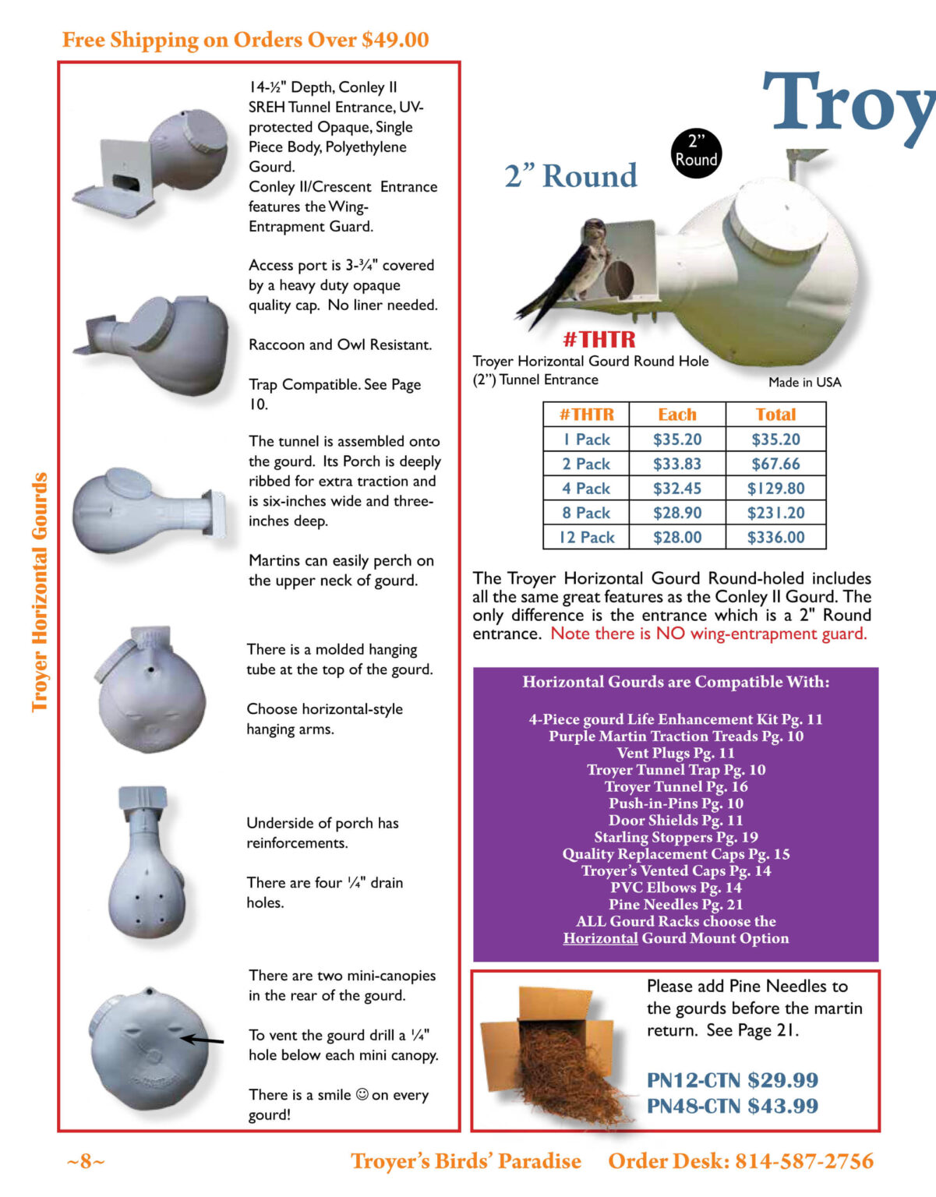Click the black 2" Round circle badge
[696, 152]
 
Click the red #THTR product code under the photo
[599, 339]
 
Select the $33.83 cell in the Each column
[676, 464]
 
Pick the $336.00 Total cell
[775, 537]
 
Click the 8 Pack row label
[586, 513]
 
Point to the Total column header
[775, 415]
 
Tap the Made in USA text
[804, 382]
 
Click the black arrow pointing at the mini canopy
[202, 1039]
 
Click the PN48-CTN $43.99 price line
[732, 1106]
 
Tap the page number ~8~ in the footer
[85, 1161]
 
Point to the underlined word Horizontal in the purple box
[600, 938]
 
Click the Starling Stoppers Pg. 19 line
[676, 837]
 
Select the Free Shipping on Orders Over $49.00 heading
[245, 40]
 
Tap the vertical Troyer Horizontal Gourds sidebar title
[40, 592]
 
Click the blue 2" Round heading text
[570, 176]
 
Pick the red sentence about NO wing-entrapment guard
[708, 634]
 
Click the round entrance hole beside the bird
[619, 278]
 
